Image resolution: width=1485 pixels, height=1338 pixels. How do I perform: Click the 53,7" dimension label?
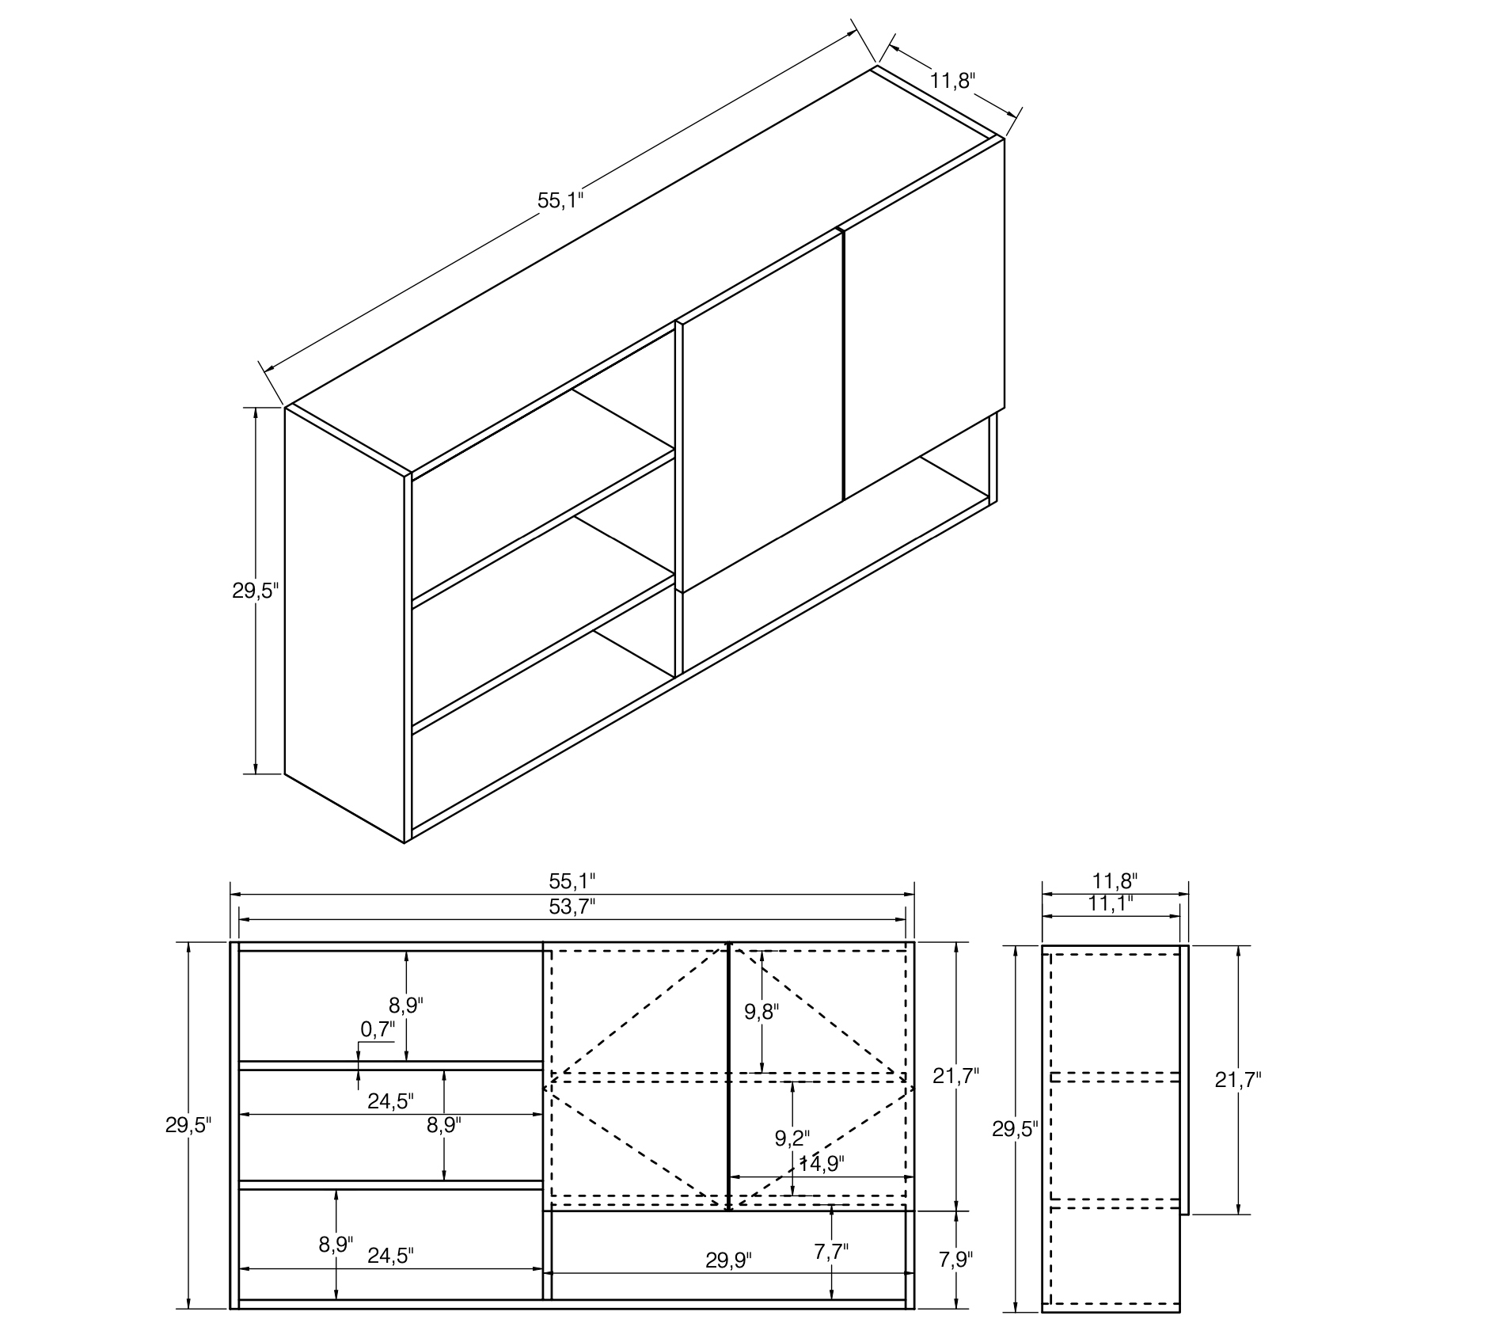pos(572,907)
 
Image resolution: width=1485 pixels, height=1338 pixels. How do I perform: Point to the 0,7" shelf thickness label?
pos(378,1029)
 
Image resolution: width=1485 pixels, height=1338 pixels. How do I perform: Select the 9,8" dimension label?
pos(761,1011)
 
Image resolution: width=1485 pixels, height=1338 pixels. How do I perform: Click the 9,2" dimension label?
pos(792,1138)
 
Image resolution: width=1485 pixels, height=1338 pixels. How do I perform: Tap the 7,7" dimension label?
pos(831,1251)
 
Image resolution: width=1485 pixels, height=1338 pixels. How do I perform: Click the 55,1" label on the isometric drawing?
pos(560,200)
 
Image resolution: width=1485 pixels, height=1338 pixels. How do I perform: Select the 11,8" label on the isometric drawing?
pos(953,80)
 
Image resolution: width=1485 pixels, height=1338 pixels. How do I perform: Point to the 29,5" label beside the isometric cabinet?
pos(256,591)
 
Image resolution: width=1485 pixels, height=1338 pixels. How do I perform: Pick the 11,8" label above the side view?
pos(1115,880)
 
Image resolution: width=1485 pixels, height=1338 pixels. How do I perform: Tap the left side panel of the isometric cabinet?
pos(344,625)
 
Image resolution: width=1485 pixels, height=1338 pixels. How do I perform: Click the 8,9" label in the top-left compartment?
pos(406,1005)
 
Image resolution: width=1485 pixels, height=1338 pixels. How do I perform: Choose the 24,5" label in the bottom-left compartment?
pos(391,1256)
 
